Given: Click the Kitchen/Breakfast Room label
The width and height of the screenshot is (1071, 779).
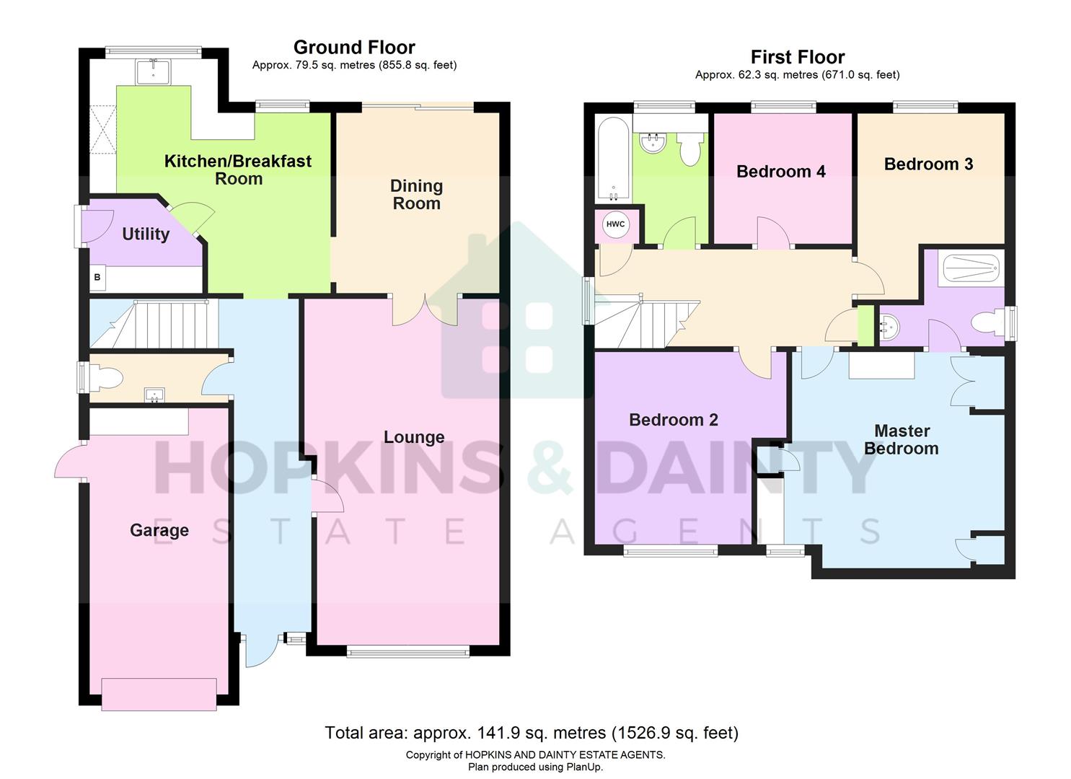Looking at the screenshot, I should click(238, 170).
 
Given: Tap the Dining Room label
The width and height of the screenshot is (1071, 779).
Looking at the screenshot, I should click(416, 195).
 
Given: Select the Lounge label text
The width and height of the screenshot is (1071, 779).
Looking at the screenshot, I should click(414, 437).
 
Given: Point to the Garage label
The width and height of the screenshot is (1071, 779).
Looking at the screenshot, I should click(159, 531).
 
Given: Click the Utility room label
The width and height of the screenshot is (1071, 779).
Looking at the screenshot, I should click(146, 234).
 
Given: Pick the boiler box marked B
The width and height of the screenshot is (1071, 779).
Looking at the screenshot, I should click(97, 277).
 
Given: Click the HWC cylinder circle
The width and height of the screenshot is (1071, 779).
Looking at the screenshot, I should click(615, 224).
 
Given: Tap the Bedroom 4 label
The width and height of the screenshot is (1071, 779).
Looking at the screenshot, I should click(780, 172).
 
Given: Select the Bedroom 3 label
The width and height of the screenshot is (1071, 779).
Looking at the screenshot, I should click(928, 164).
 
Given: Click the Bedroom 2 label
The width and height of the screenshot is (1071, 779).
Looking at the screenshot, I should click(674, 420).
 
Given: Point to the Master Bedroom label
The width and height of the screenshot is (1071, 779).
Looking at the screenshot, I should click(902, 440).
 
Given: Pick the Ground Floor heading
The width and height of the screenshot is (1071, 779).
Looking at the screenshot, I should click(354, 48).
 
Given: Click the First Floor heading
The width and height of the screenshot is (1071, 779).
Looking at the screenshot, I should click(797, 57).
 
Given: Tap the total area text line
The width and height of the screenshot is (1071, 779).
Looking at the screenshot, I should click(532, 734).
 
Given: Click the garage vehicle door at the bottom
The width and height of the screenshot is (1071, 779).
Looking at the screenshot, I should click(159, 695).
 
